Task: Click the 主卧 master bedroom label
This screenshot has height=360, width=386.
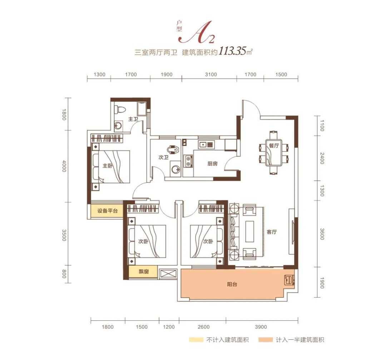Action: (107, 166)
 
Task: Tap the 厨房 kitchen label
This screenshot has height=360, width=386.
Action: (212, 164)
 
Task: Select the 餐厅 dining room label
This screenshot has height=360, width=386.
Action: (274, 145)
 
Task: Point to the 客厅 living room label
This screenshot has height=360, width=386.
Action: (272, 232)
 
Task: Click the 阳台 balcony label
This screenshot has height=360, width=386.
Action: (232, 284)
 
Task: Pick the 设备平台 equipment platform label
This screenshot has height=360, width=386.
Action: (107, 211)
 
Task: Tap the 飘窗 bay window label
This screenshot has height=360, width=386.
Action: (144, 272)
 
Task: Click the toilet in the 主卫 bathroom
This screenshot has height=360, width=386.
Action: (121, 110)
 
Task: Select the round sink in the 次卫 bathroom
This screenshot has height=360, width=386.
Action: (176, 170)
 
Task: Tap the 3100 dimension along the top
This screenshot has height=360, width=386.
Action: (211, 75)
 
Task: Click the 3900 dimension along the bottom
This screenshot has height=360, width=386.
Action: (261, 327)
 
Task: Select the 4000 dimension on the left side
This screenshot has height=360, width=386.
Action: (64, 166)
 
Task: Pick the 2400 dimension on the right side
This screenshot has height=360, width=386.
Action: (322, 158)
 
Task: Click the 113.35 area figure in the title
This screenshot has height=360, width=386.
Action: (232, 51)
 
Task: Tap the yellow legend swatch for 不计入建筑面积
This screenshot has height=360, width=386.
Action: (196, 340)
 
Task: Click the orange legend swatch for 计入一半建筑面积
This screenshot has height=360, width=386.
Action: (266, 340)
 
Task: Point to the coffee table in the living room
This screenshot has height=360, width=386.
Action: (249, 231)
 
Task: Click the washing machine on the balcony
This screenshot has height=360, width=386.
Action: (289, 280)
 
